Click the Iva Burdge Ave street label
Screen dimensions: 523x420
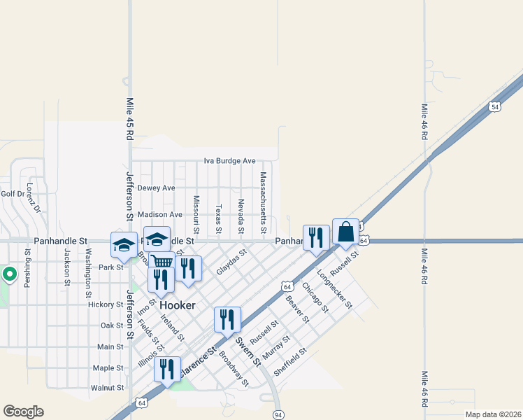pos(229,161)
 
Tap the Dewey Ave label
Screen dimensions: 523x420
pos(156,188)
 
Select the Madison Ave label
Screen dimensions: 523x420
pos(160,214)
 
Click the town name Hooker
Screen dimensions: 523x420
pos(178,306)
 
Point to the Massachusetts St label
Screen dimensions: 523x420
pos(264,203)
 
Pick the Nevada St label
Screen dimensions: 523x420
pos(241,216)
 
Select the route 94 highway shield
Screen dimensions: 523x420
pos(278,414)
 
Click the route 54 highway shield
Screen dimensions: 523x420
pos(495,106)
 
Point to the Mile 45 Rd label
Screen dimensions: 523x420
pos(129,116)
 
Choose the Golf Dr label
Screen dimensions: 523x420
pos(13,194)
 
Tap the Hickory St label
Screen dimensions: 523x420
pos(106,304)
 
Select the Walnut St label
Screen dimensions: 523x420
pos(107,387)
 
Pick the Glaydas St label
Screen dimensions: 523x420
pos(231,262)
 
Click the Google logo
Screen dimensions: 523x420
pos(23,412)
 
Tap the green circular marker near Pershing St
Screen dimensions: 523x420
pos(10,274)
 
